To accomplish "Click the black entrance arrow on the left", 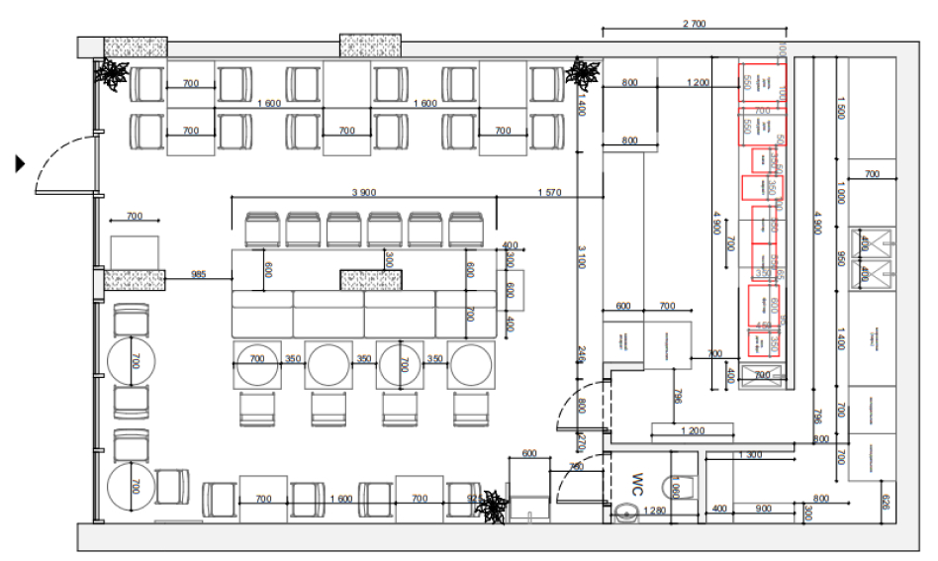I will click(19, 163).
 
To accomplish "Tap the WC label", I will click(639, 483).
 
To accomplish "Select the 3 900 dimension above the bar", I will click(367, 191).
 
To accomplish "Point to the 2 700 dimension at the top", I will click(695, 24).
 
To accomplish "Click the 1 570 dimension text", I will click(550, 191).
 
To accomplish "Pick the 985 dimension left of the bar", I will click(199, 274).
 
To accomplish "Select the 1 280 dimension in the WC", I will click(653, 511).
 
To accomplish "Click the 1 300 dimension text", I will click(750, 454).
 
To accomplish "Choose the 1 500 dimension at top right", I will click(840, 112).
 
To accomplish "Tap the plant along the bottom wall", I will click(490, 507).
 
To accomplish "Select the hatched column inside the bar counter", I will click(373, 280).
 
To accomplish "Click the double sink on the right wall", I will click(872, 256).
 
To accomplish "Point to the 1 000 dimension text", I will click(840, 192).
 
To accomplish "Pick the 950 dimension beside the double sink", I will click(840, 260).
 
